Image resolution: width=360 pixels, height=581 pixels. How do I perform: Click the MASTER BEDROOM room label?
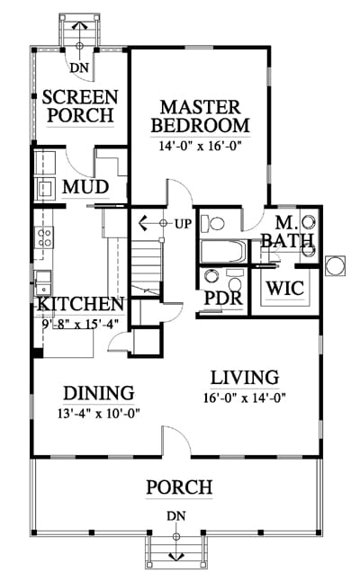200,117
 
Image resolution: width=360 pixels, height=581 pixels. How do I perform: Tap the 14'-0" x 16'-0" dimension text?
200,146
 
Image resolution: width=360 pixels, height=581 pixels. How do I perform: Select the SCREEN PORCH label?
80,106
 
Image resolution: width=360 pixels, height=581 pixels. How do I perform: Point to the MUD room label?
85,187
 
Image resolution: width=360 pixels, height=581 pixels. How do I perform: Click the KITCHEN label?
80,304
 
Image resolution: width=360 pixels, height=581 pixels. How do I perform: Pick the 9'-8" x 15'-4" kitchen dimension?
80,324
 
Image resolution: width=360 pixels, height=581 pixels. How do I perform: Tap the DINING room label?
99,393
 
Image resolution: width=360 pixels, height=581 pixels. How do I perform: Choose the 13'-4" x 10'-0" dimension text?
99,413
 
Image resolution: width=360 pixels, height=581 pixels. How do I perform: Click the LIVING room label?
245,378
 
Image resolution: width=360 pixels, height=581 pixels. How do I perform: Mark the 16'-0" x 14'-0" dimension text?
245,398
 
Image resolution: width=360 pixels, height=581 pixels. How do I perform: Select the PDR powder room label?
223,298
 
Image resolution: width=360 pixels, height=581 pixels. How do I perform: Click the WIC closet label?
285,289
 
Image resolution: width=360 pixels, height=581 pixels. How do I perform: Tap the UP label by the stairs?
184,224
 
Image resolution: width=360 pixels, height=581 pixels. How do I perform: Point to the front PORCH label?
179,487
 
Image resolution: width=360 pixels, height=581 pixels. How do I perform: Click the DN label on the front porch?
176,516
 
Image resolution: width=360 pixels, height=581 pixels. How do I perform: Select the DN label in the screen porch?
80,67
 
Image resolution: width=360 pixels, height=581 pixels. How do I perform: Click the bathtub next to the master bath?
223,252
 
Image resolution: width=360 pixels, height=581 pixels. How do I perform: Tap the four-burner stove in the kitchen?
44,237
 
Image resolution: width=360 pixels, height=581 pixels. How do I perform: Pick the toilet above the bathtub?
212,224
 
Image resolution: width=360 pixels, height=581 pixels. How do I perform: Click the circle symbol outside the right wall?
335,265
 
